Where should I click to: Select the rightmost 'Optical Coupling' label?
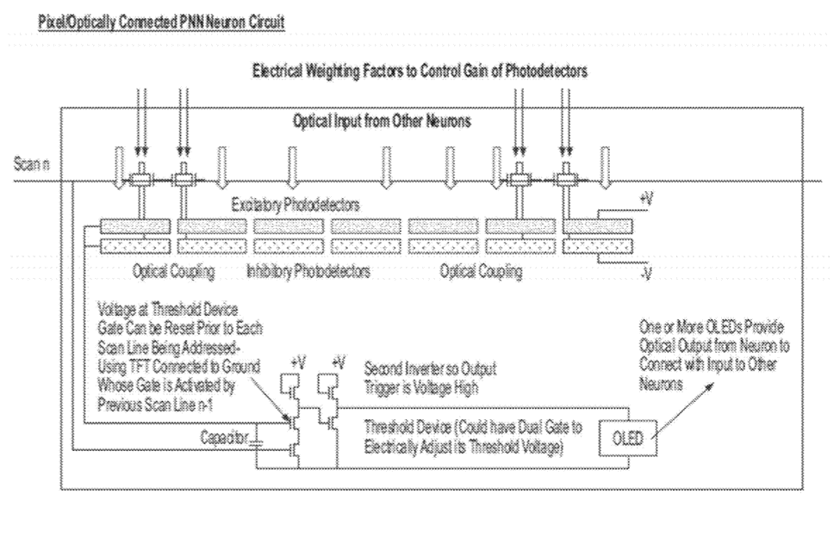click(482, 269)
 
